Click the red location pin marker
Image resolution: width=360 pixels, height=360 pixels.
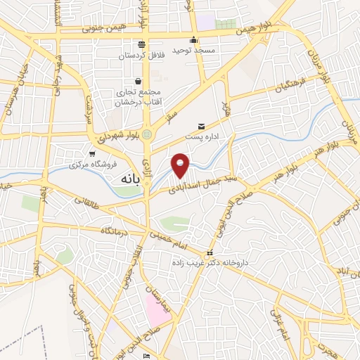pos(181,165)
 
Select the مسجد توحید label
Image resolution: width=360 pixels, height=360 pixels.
pos(193,51)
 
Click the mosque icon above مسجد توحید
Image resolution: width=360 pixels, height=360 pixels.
pos(193,39)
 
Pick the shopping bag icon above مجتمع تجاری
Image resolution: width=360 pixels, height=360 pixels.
pos(138,81)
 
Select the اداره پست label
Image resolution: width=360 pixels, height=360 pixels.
pos(202,137)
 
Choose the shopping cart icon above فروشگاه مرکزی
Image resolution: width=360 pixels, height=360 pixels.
pos(91,153)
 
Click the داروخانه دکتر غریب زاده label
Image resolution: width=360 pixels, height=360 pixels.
pos(207,262)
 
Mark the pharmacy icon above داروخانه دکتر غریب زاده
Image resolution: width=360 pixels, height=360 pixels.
pos(208,252)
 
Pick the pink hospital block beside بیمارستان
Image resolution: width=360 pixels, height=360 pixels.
pos(157,309)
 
